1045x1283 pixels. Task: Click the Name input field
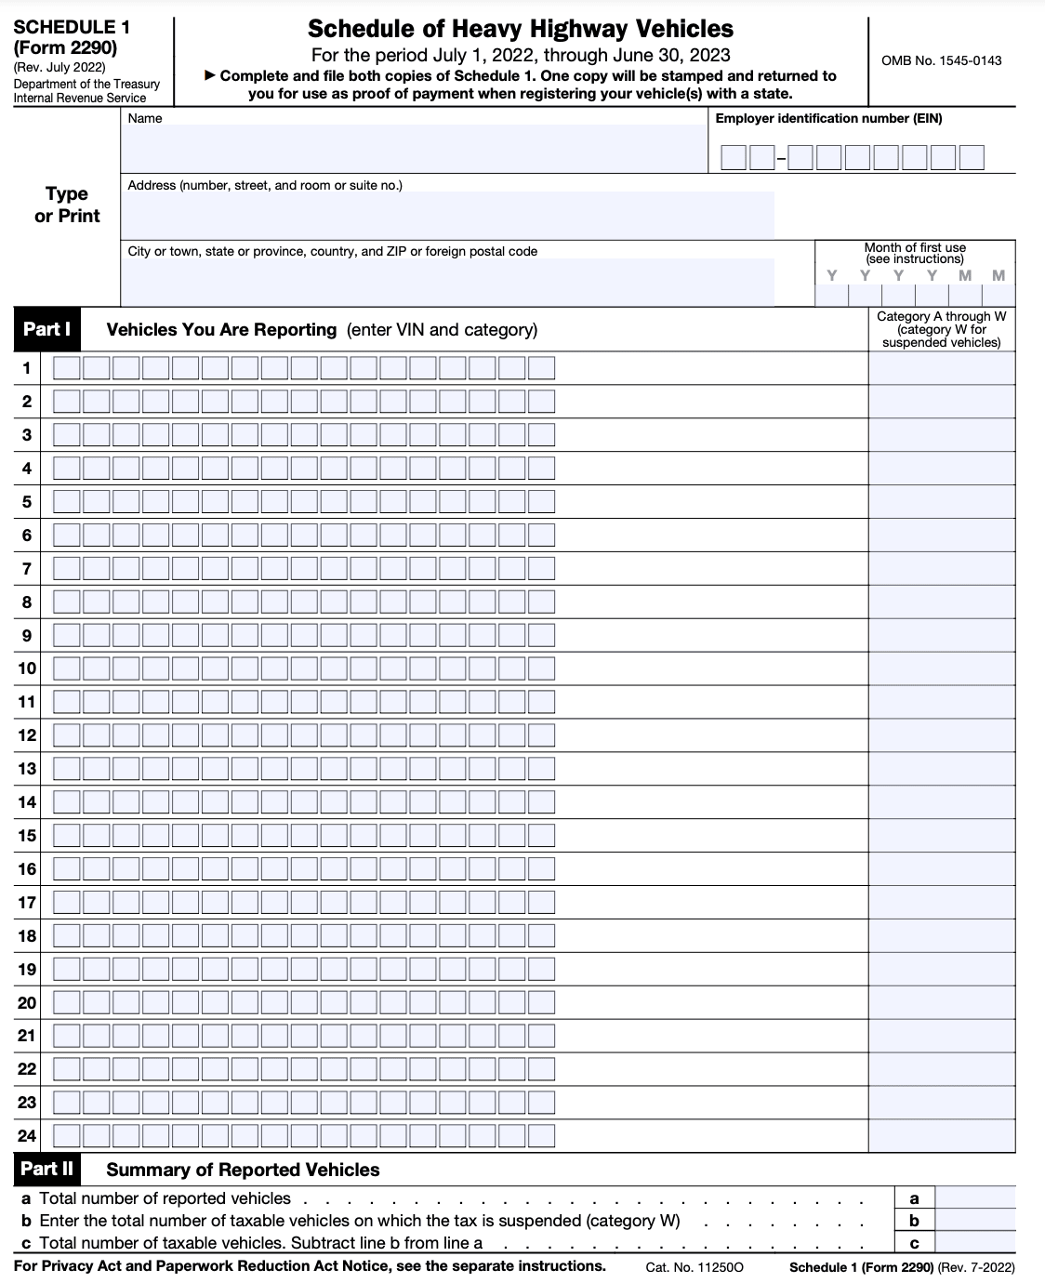coord(414,149)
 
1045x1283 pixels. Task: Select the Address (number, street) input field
coord(446,215)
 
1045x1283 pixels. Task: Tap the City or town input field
coord(446,282)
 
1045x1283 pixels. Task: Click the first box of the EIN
coord(734,158)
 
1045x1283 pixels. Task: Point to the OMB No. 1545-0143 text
coord(941,60)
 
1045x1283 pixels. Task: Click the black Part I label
coord(47,329)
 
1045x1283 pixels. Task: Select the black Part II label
coord(46,1169)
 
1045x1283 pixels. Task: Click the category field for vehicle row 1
coord(941,368)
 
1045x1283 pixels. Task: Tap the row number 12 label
coord(27,735)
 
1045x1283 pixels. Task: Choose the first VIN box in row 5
coord(66,502)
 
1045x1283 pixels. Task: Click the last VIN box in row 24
coord(541,1135)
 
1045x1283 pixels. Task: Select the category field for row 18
coord(941,935)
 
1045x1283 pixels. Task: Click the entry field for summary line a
coord(974,1198)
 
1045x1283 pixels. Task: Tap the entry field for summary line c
coord(974,1243)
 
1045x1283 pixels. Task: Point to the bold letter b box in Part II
coord(914,1221)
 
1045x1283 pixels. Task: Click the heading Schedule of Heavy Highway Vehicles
coord(521,29)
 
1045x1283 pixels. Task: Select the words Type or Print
coord(67,205)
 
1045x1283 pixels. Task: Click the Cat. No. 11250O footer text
coord(694,1267)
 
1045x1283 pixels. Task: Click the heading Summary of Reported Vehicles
coord(243,1170)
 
